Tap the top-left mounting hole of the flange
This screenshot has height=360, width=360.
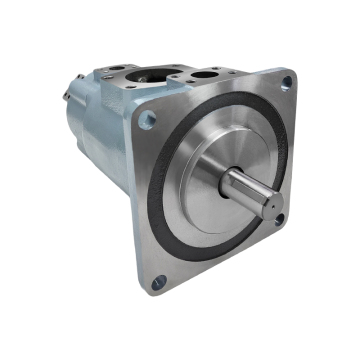[x=148, y=120]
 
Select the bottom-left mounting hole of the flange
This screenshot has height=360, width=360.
[x=157, y=283]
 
